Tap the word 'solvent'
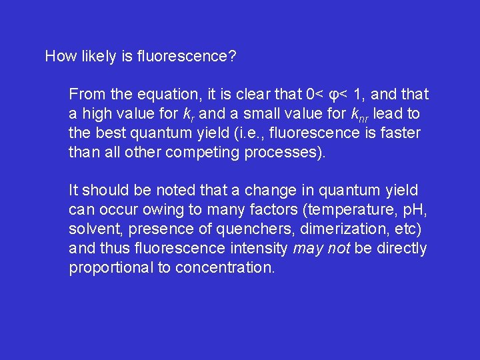click(x=91, y=229)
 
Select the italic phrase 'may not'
click(x=322, y=249)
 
